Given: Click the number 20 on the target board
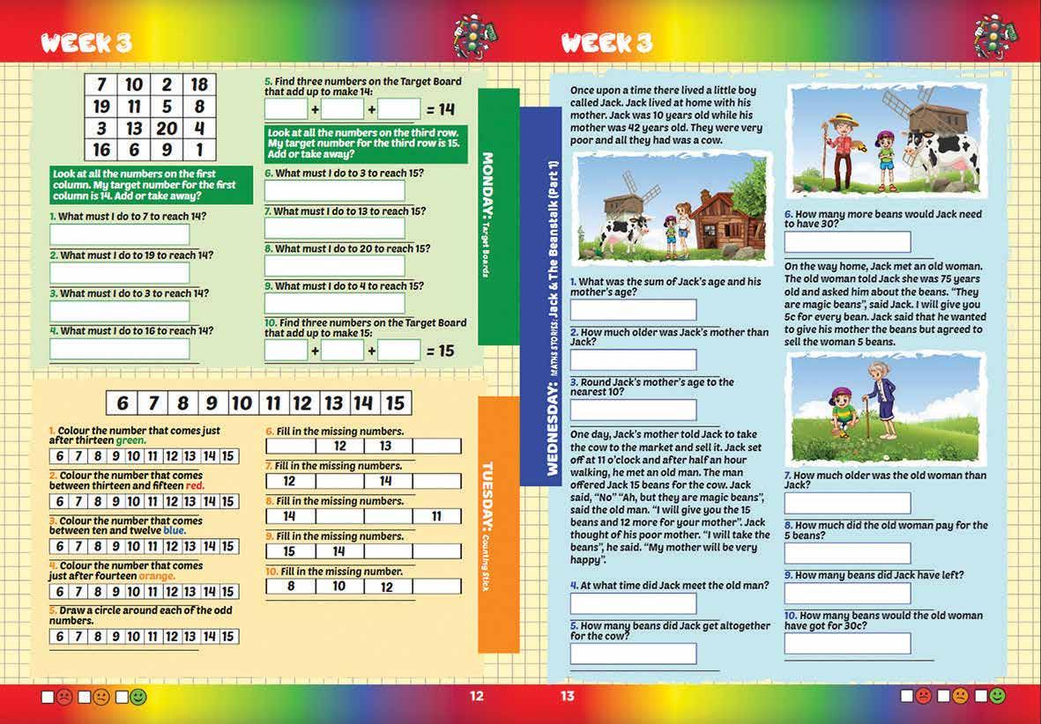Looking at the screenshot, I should click(x=167, y=129).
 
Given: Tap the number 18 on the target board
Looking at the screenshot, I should click(x=200, y=85).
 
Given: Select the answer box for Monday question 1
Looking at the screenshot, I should click(x=120, y=235).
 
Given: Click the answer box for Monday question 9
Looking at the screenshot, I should click(x=335, y=304).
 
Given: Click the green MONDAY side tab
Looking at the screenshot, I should click(x=498, y=216).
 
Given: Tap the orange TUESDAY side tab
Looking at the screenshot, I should click(x=498, y=524).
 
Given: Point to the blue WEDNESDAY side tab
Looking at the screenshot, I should click(x=540, y=295).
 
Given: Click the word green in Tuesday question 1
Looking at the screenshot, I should click(x=131, y=440).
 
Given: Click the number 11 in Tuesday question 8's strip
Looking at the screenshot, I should click(x=436, y=516).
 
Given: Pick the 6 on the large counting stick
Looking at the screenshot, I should click(x=123, y=403).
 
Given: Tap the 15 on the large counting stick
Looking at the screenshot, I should click(x=395, y=403).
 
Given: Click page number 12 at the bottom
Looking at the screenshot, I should click(x=476, y=696).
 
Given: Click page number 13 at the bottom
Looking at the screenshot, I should click(x=567, y=696).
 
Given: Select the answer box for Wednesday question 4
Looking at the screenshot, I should click(x=633, y=603).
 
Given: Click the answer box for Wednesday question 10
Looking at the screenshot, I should click(x=847, y=644).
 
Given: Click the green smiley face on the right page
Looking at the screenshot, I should click(x=997, y=696).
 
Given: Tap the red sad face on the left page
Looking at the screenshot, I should click(x=64, y=698).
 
